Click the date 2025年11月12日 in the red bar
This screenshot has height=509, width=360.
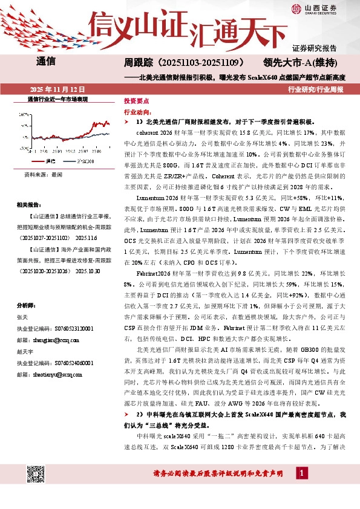[48, 88]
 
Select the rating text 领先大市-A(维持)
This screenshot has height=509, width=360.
[304, 63]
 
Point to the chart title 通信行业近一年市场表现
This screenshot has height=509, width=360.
[58, 98]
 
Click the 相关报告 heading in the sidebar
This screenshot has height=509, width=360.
[28, 204]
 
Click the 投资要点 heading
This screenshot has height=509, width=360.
[136, 102]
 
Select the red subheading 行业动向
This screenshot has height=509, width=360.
[136, 112]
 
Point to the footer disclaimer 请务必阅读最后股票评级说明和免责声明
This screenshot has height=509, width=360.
[218, 473]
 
